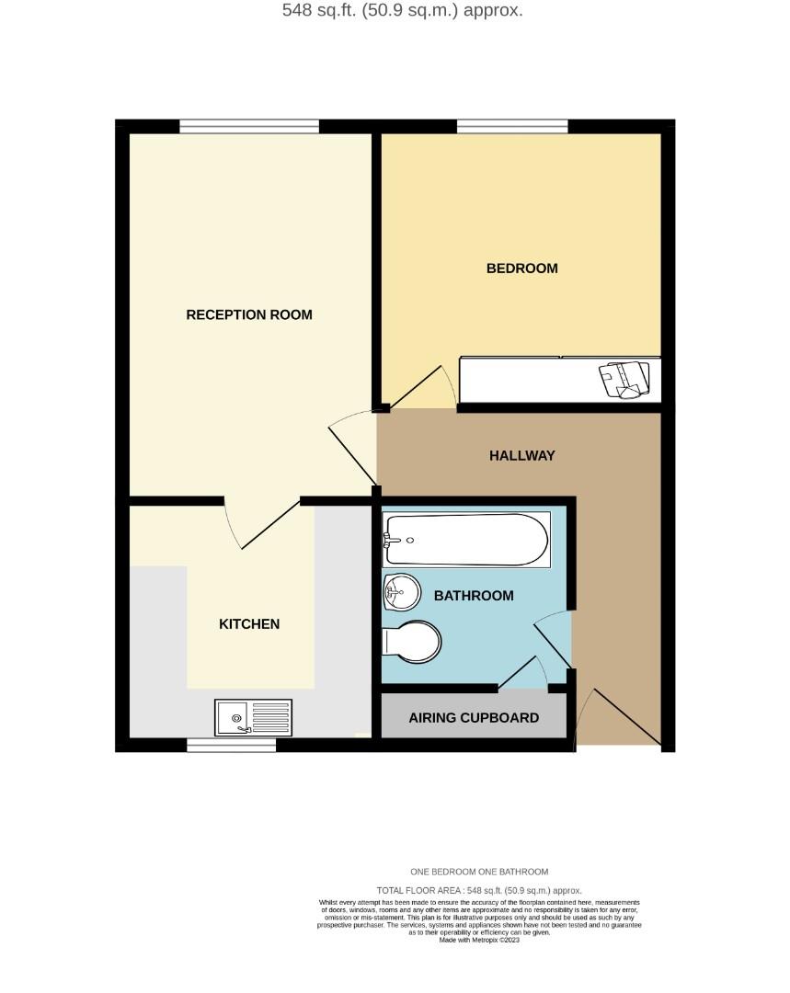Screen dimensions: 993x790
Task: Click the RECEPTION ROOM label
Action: click(249, 314)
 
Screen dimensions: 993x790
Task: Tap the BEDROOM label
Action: click(521, 268)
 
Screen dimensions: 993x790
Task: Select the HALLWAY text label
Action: click(521, 455)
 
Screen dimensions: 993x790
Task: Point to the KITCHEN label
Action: click(249, 624)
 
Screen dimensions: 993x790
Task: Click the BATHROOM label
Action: click(474, 596)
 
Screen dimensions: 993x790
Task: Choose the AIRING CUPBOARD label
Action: click(474, 718)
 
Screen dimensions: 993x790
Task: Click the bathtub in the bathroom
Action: click(467, 540)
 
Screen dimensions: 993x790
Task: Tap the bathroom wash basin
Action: click(401, 591)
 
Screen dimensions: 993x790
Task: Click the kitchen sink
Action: click(253, 718)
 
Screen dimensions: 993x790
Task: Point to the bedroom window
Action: click(512, 127)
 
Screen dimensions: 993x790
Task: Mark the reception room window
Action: click(249, 127)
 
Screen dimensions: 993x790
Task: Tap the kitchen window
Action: click(231, 746)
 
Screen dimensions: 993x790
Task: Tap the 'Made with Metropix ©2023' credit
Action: click(479, 941)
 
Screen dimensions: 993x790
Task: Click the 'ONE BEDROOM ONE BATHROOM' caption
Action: click(479, 872)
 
